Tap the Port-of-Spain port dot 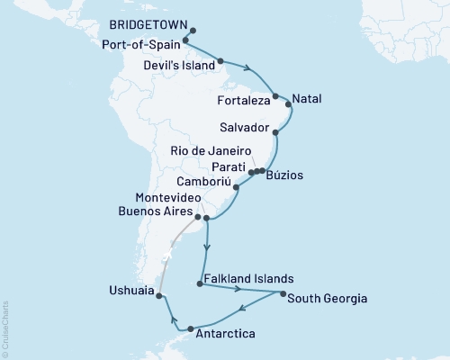pos(185,40)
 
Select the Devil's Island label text pos(180,65)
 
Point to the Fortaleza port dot pos(276,95)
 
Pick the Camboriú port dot pos(236,187)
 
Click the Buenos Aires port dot pos(197,217)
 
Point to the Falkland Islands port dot pos(199,285)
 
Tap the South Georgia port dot pos(283,294)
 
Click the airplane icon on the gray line pos(166,256)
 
